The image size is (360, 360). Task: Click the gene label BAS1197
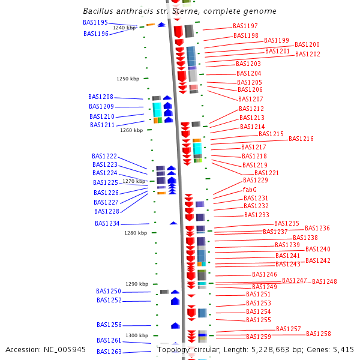click(245, 26)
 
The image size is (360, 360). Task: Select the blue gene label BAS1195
click(95, 22)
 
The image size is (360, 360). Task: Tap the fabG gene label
click(250, 190)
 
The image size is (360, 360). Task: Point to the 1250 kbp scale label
click(128, 79)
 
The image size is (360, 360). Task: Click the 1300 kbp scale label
click(136, 335)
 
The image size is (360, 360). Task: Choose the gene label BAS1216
click(301, 139)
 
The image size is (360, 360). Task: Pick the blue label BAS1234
click(107, 224)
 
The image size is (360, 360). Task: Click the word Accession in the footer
click(24, 349)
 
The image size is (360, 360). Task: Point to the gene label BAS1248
click(325, 281)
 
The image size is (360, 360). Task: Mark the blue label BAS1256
click(109, 325)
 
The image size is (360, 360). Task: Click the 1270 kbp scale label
click(134, 181)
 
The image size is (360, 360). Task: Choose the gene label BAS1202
click(308, 55)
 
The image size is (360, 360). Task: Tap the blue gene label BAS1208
click(101, 97)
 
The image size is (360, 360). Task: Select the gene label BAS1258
click(319, 334)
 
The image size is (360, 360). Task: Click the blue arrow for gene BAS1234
click(173, 223)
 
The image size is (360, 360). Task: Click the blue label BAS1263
click(109, 352)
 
